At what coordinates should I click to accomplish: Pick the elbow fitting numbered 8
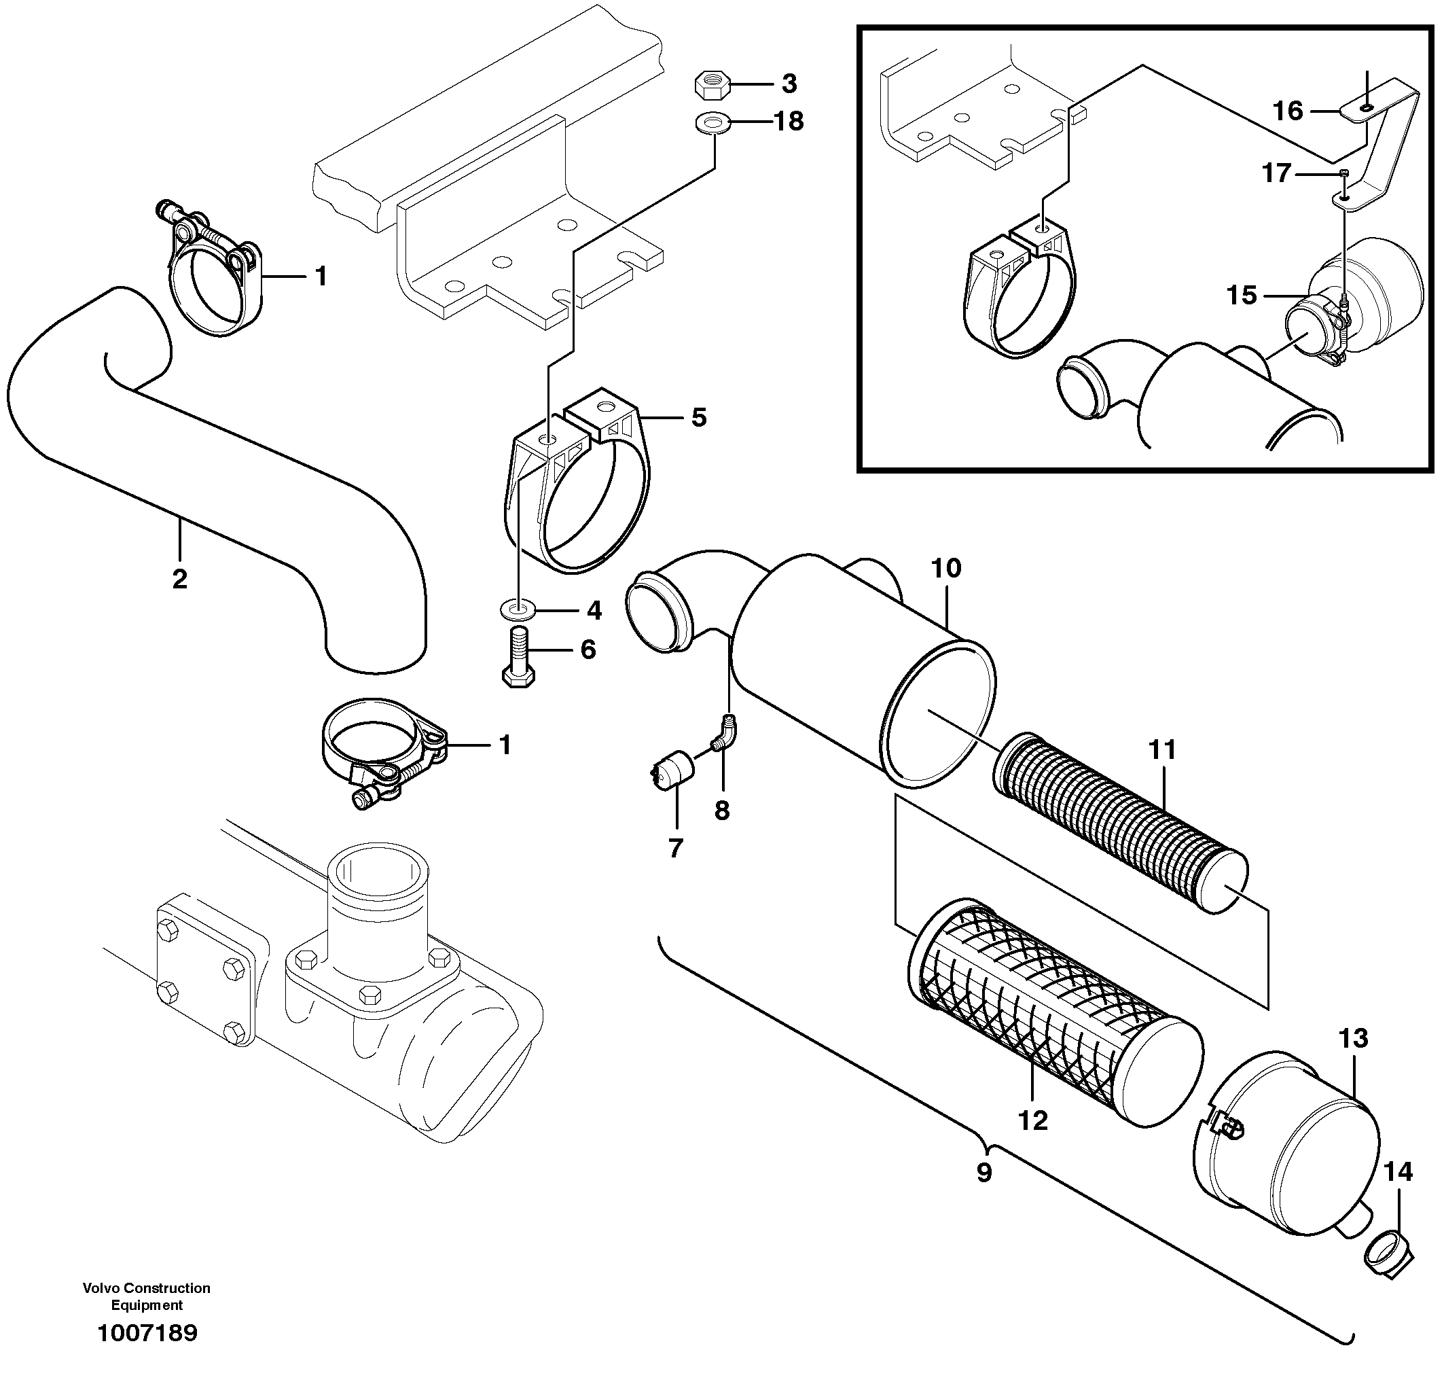tap(725, 734)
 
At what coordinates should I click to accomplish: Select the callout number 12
tap(1033, 1121)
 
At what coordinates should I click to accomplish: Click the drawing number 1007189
tap(147, 1332)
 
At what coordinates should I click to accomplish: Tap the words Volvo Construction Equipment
tap(147, 1296)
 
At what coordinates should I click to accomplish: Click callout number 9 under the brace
tap(984, 1173)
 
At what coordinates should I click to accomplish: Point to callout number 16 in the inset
tap(1288, 111)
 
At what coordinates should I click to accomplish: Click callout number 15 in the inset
tap(1242, 296)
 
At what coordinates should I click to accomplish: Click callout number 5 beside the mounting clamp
tap(698, 417)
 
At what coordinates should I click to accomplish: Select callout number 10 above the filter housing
tap(946, 568)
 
